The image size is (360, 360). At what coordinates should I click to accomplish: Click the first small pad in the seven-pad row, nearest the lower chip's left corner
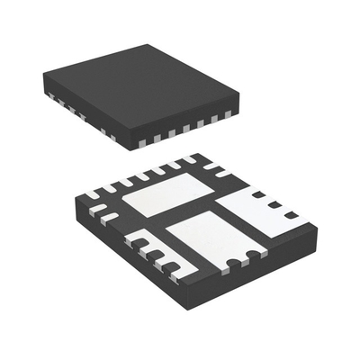pos(94,193)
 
